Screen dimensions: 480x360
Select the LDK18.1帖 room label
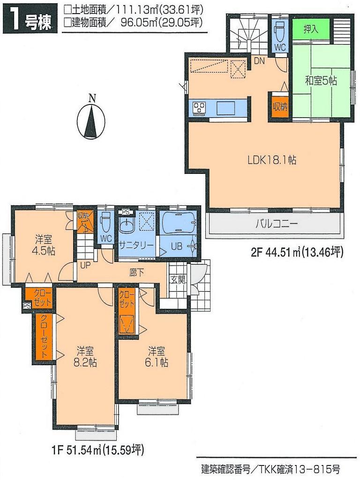[272, 160]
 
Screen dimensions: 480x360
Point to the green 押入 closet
[310, 30]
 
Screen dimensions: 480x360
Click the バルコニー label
[277, 224]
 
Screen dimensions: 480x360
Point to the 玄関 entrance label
[177, 281]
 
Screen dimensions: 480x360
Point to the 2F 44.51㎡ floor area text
[297, 253]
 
